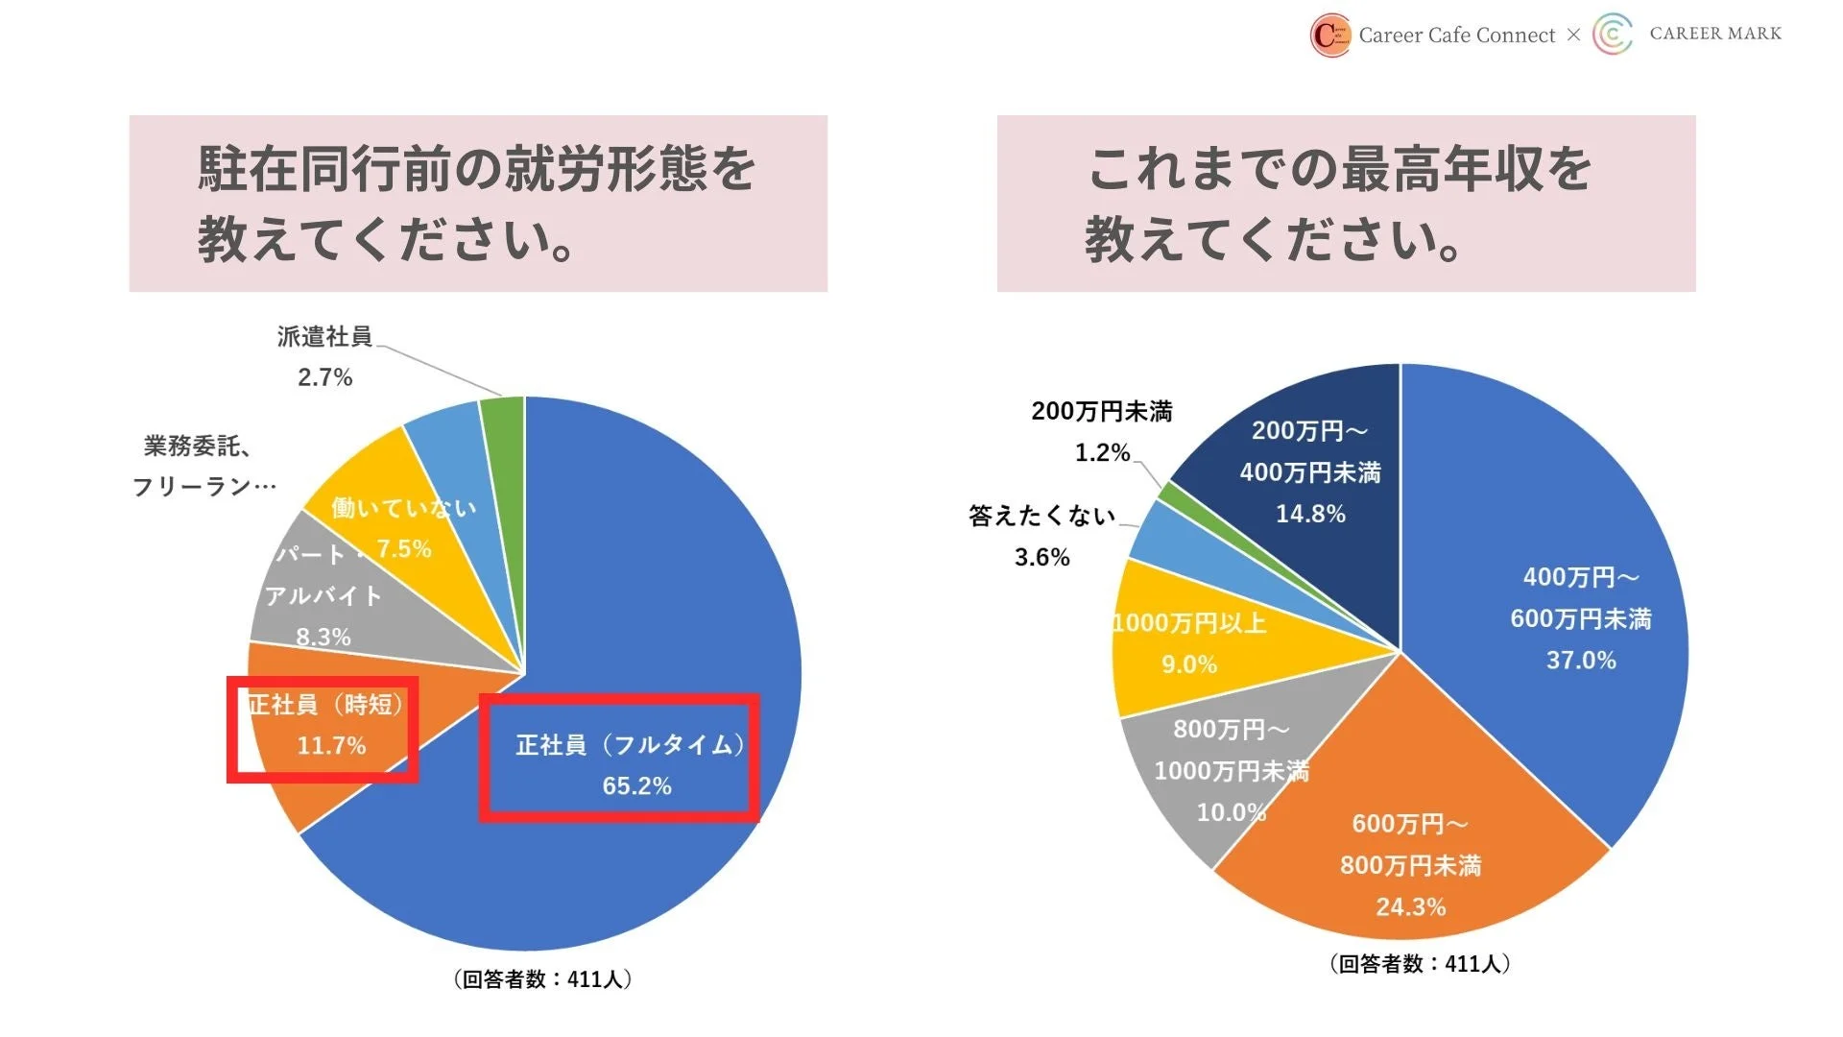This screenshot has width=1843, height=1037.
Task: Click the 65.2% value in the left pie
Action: pos(636,786)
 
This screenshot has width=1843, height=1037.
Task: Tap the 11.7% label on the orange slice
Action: pos(331,746)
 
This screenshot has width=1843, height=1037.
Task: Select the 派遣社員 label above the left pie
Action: pos(324,336)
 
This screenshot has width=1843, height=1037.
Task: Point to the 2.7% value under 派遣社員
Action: pos(324,377)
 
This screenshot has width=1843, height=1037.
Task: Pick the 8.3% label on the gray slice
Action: pos(323,637)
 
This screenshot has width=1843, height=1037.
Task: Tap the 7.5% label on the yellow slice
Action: pos(404,549)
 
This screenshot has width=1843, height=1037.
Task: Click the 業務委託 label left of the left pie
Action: pos(198,446)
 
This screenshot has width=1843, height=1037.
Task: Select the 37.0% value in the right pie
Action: pos(1581,661)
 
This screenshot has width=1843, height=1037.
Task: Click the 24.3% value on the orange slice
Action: pos(1410,907)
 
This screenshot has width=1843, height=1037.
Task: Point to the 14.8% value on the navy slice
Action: pos(1310,515)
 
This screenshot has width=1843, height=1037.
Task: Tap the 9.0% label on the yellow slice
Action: pos(1189,664)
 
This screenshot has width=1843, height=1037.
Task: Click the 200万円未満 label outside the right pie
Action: pos(1102,412)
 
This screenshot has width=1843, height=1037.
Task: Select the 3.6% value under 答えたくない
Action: pos(1042,557)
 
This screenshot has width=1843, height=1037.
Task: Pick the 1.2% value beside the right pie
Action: pos(1102,453)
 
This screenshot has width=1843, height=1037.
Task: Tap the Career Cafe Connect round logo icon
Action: pos(1331,36)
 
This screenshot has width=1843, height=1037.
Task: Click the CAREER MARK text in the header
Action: pos(1715,34)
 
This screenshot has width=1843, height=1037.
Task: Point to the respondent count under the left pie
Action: pos(542,979)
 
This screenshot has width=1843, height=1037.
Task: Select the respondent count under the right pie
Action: pos(1420,964)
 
